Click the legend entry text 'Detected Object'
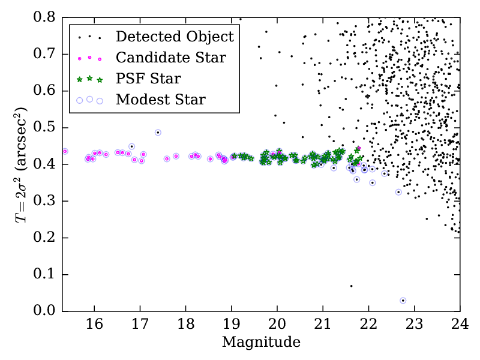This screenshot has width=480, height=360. pyautogui.click(x=175, y=37)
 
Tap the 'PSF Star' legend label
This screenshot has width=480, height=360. pyautogui.click(x=148, y=79)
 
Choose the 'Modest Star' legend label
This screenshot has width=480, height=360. pyautogui.click(x=161, y=100)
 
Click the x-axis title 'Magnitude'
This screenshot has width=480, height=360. pyautogui.click(x=261, y=343)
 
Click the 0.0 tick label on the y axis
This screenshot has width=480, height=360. pyautogui.click(x=44, y=311)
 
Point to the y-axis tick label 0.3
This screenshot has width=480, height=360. pyautogui.click(x=44, y=201)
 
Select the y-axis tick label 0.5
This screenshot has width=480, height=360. pyautogui.click(x=44, y=127)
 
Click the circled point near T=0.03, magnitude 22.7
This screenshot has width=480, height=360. pyautogui.click(x=403, y=301)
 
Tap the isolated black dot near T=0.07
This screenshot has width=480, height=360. pyautogui.click(x=352, y=286)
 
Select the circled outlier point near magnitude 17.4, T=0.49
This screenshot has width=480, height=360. pyautogui.click(x=158, y=133)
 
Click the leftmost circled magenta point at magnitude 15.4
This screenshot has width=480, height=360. pyautogui.click(x=65, y=151)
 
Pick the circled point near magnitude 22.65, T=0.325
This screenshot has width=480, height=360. pyautogui.click(x=398, y=192)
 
